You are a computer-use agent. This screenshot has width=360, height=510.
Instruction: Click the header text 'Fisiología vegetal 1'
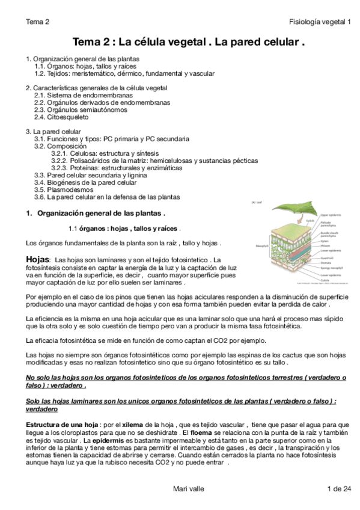pyautogui.click(x=319, y=22)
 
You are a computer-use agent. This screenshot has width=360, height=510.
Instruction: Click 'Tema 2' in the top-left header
pyautogui.click(x=37, y=22)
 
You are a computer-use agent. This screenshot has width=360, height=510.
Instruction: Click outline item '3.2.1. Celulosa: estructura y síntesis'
pyautogui.click(x=106, y=153)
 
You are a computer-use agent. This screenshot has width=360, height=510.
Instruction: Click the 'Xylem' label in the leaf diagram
pyautogui.click(x=324, y=240)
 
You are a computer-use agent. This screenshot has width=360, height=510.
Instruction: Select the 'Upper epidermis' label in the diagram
pyautogui.click(x=331, y=214)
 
